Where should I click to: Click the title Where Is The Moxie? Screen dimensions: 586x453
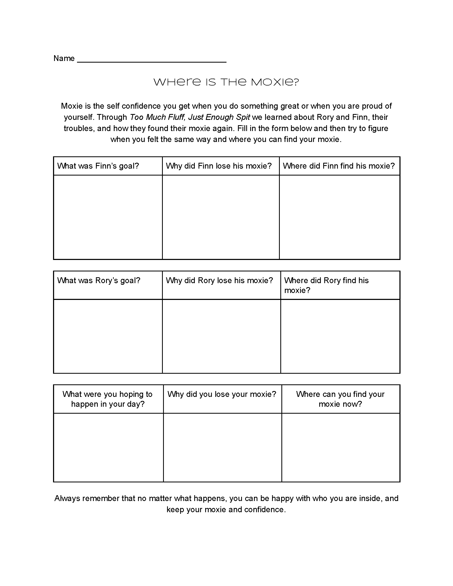pyautogui.click(x=226, y=82)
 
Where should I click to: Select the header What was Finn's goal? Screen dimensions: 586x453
pyautogui.click(x=98, y=166)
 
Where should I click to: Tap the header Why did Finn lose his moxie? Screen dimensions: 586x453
pyautogui.click(x=219, y=166)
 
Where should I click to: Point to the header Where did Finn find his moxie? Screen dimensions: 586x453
pyautogui.click(x=339, y=166)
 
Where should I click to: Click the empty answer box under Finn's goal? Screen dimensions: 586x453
pyautogui.click(x=108, y=217)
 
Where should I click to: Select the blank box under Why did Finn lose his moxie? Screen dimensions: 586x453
pyautogui.click(x=221, y=217)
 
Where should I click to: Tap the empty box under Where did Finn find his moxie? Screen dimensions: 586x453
pyautogui.click(x=339, y=217)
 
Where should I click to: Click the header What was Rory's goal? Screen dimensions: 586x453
pyautogui.click(x=99, y=281)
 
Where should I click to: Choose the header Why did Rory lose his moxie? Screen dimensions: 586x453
pyautogui.click(x=219, y=281)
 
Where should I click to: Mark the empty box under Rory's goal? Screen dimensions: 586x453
pyautogui.click(x=108, y=336)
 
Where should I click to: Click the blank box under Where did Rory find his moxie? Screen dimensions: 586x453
pyautogui.click(x=340, y=336)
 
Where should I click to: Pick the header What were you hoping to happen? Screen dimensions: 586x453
pyautogui.click(x=108, y=399)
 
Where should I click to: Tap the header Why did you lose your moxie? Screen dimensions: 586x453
pyautogui.click(x=222, y=394)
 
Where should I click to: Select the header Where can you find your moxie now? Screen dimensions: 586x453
pyautogui.click(x=340, y=399)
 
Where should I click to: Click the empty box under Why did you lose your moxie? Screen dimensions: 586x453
pyautogui.click(x=222, y=447)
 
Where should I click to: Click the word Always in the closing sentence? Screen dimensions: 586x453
pyautogui.click(x=67, y=498)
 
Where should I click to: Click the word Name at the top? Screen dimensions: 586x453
pyautogui.click(x=64, y=59)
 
